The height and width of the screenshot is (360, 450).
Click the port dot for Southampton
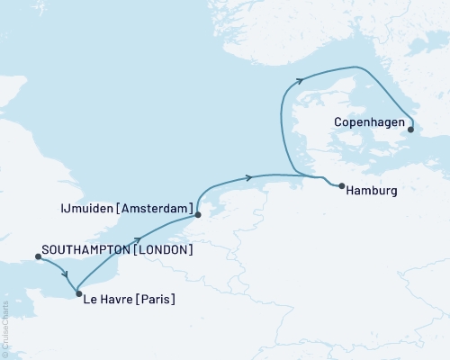coord(38,256)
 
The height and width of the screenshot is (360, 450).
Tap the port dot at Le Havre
coord(79,294)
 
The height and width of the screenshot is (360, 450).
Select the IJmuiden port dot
coord(197,215)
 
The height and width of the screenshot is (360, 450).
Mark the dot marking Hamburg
coord(343,186)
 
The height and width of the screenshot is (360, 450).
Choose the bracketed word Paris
coord(157,299)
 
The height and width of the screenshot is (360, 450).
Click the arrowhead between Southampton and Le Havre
coord(63,274)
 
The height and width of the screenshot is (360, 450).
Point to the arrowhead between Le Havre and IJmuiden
coord(139,239)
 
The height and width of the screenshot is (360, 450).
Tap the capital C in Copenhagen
coord(336,118)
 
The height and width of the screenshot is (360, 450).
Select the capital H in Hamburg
coord(350,191)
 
